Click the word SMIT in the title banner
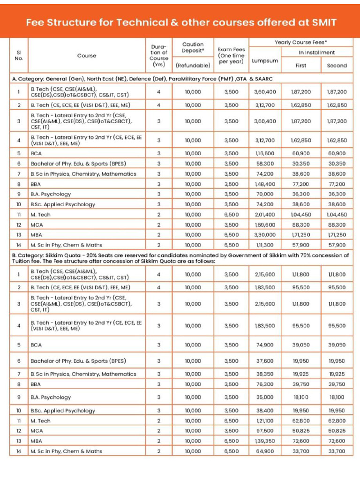click(x=321, y=22)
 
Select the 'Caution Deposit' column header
click(x=193, y=47)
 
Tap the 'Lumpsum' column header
click(x=265, y=61)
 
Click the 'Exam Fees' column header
click(x=231, y=55)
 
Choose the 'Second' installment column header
click(x=337, y=65)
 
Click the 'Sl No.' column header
click(x=19, y=55)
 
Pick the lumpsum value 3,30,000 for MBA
click(x=265, y=234)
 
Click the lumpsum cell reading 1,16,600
click(x=265, y=153)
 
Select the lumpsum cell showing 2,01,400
click(x=265, y=214)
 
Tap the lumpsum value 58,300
click(x=265, y=164)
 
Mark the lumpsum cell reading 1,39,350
click(x=265, y=441)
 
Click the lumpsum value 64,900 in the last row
click(x=265, y=451)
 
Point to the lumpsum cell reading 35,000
click(x=265, y=397)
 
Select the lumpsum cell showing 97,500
click(x=265, y=431)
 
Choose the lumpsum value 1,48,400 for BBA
click(x=265, y=184)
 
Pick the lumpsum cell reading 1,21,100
click(x=265, y=420)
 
